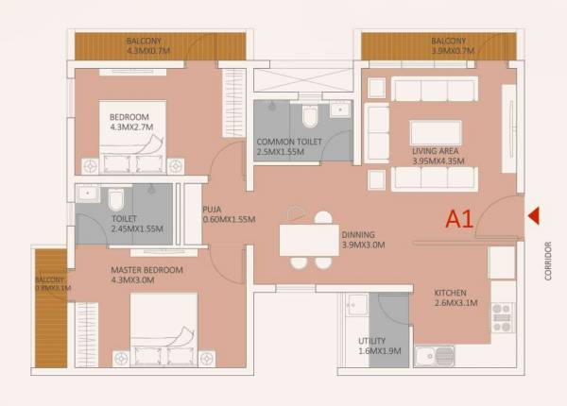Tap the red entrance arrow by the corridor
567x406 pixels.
[x=533, y=216]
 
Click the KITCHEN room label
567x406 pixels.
[x=451, y=293]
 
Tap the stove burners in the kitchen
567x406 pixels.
[x=503, y=316]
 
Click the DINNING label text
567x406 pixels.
[x=358, y=234]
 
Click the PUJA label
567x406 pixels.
[x=212, y=211]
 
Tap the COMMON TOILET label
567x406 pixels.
[x=289, y=142]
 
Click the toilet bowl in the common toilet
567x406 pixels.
[x=310, y=116]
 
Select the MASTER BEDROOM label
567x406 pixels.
[x=146, y=270]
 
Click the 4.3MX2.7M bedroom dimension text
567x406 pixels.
[x=130, y=126]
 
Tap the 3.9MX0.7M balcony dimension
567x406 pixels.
[x=449, y=51]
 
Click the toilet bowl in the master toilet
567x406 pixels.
[x=115, y=199]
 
